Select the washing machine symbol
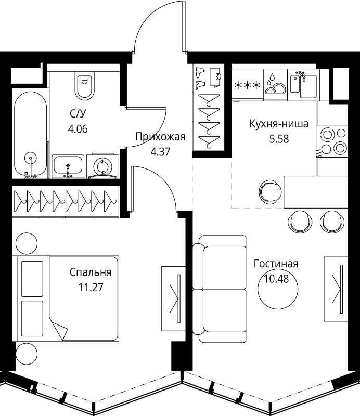pyautogui.click(x=102, y=166)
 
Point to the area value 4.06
pyautogui.click(x=78, y=129)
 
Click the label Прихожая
pyautogui.click(x=160, y=137)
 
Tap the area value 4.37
pyautogui.click(x=160, y=152)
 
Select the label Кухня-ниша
pyautogui.click(x=279, y=124)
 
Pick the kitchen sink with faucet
pyautogui.click(x=303, y=85)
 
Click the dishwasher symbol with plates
pyautogui.click(x=275, y=85)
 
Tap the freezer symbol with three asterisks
pyautogui.click(x=248, y=85)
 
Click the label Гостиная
pyautogui.click(x=276, y=264)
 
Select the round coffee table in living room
pyautogui.click(x=278, y=289)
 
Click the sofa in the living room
pyautogui.click(x=220, y=289)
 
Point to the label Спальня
pyautogui.click(x=91, y=272)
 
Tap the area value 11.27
pyautogui.click(x=91, y=288)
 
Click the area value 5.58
pyautogui.click(x=279, y=139)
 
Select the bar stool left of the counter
pyautogui.click(x=271, y=192)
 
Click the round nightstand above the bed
pyautogui.click(x=27, y=243)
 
